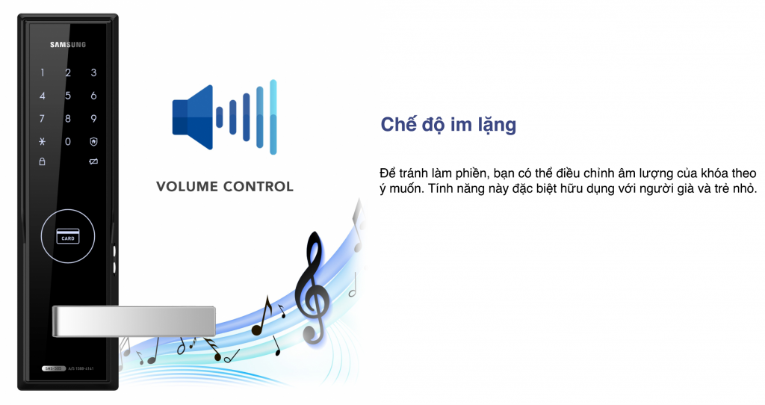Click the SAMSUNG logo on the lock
[68, 45]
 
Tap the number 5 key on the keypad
[68, 96]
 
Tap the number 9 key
[93, 119]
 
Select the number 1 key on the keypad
[43, 72]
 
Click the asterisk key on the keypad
[43, 141]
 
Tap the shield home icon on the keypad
[93, 141]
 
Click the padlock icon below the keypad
[43, 161]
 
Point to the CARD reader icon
[68, 237]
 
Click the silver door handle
[134, 321]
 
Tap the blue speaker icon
[193, 117]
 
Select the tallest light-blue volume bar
[273, 117]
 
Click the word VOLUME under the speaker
[187, 186]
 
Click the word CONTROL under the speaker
[258, 186]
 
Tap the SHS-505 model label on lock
[53, 368]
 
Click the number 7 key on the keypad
[43, 119]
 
